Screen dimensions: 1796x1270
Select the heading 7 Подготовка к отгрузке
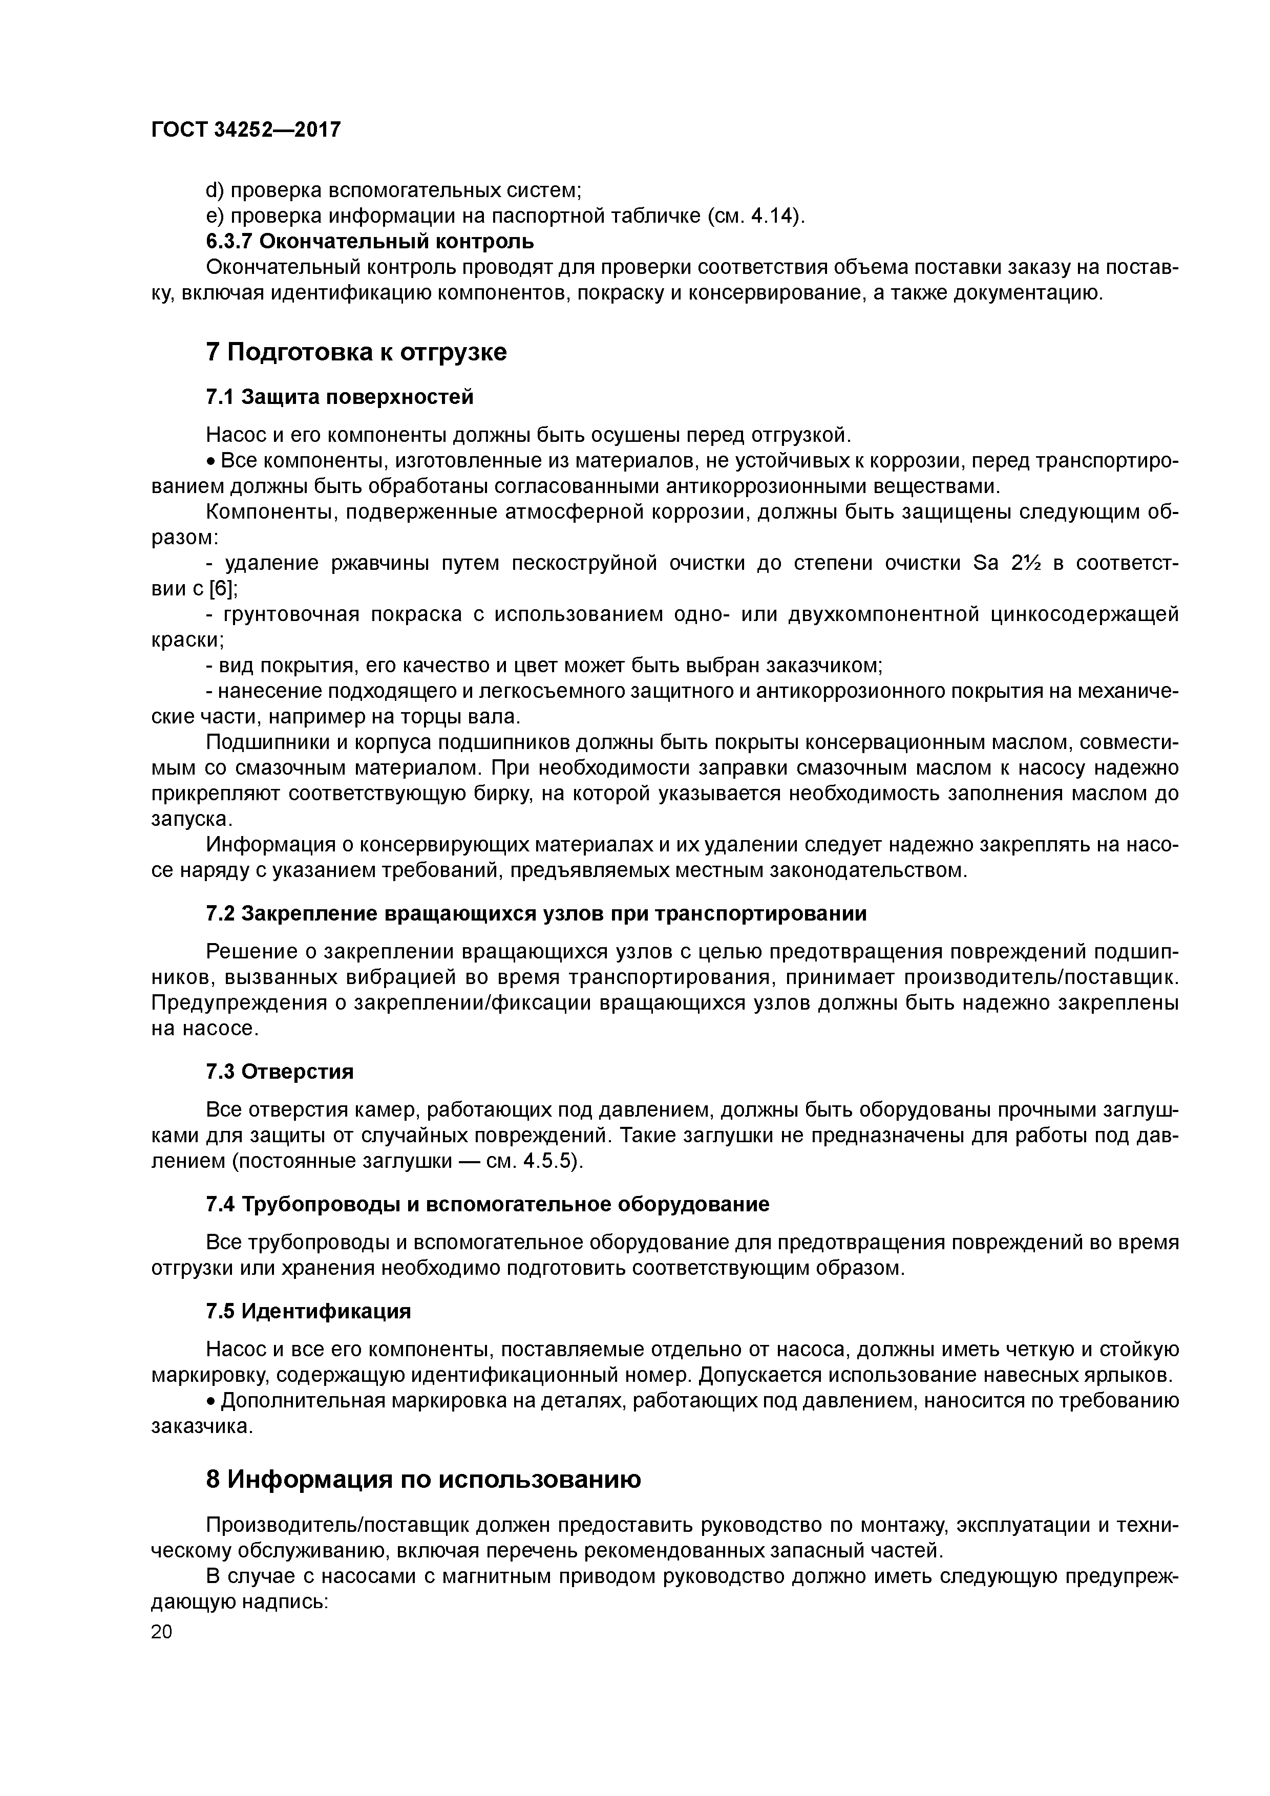[x=356, y=352]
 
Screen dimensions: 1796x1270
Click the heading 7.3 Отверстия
[x=280, y=1071]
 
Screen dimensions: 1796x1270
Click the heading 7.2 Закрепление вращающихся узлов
[x=536, y=914]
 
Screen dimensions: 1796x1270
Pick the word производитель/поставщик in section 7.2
[x=1042, y=978]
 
